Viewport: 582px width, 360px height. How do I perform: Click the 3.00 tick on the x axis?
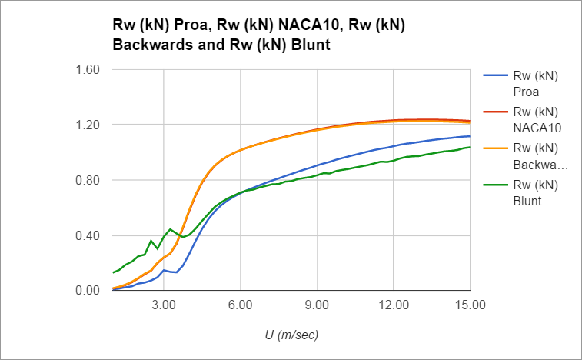pyautogui.click(x=164, y=305)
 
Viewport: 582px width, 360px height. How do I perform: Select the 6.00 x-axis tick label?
pyautogui.click(x=240, y=305)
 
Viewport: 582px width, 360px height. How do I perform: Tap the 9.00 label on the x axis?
pyautogui.click(x=317, y=305)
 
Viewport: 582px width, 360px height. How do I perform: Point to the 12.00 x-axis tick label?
pyautogui.click(x=393, y=305)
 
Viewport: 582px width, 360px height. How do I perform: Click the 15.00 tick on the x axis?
pyautogui.click(x=470, y=305)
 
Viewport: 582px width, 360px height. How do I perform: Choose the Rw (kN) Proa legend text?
pyautogui.click(x=536, y=84)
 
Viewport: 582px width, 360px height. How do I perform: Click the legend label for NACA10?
pyautogui.click(x=536, y=118)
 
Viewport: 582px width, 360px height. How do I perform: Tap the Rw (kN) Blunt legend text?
pyautogui.click(x=536, y=192)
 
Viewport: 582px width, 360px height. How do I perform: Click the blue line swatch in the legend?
pyautogui.click(x=494, y=77)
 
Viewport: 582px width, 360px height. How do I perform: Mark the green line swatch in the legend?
pyautogui.click(x=494, y=185)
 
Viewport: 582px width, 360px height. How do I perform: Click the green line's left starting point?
pyautogui.click(x=113, y=272)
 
